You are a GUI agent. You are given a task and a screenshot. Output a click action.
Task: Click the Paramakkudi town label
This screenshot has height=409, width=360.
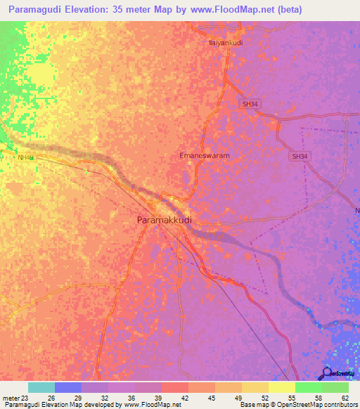[163, 220]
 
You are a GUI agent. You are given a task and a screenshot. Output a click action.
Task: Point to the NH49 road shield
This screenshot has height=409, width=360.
[26, 158]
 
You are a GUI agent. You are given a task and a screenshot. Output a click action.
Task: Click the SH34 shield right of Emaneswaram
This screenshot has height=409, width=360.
[300, 157]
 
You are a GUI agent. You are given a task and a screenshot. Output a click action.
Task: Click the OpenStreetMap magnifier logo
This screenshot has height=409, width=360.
[327, 373]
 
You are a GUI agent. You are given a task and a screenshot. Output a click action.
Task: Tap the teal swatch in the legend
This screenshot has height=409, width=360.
[41, 387]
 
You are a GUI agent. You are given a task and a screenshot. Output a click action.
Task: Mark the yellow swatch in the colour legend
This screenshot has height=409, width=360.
[281, 387]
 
